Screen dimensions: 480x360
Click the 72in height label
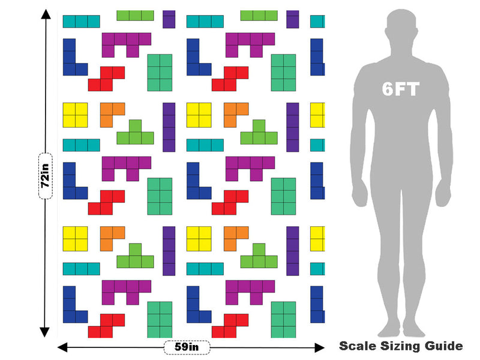coord(46,176)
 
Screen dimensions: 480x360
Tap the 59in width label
coord(187,347)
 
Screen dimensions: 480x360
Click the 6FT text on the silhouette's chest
coord(400,89)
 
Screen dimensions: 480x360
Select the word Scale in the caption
coord(358,346)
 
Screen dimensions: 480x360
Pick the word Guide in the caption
coord(443,346)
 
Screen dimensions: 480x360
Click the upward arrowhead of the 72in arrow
coord(46,14)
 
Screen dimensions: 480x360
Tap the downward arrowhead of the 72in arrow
coord(44,332)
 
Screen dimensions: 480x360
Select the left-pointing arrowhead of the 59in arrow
coord(62,347)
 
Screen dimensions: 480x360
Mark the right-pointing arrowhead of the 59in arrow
coord(320,347)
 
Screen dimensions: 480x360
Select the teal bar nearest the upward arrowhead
coord(82,22)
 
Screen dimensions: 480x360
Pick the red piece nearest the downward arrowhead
coord(107,326)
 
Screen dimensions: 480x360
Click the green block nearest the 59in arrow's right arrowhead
coord(283,320)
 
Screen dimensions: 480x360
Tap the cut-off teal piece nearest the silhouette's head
coord(317,22)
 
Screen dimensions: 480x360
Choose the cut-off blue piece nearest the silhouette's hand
coord(317,181)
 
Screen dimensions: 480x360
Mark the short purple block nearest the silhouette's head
coord(293,19)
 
